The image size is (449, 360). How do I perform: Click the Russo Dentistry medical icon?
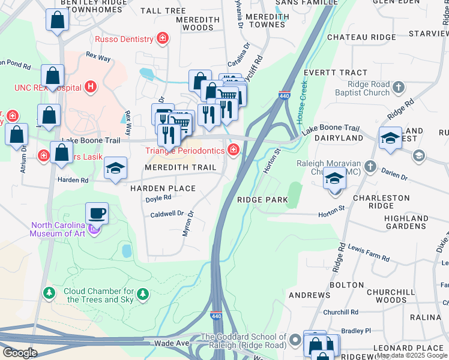tap(162, 40)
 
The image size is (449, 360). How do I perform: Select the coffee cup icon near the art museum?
tap(97, 212)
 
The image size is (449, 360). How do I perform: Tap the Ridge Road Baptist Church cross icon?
tap(397, 89)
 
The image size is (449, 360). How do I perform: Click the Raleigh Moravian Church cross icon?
tap(371, 166)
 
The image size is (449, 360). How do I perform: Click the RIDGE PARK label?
tap(262, 200)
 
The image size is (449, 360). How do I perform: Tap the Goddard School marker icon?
tap(294, 341)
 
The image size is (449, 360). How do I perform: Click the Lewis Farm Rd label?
tap(369, 253)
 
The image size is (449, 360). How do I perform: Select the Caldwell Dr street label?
tap(166, 214)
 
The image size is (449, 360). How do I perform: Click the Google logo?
tap(19, 353)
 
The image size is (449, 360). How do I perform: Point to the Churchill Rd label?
tap(340, 312)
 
